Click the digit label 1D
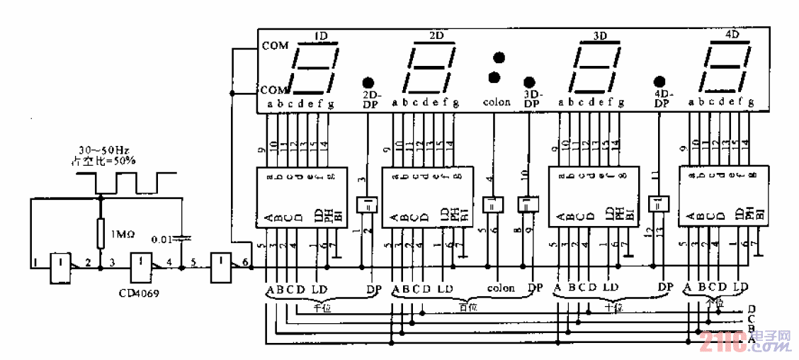click(x=320, y=35)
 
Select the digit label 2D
click(x=436, y=35)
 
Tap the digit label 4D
click(x=733, y=35)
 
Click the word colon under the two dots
click(x=497, y=102)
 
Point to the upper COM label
click(x=275, y=46)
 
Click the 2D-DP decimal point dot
click(x=368, y=81)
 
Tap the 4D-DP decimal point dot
click(x=660, y=81)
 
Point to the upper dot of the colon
click(x=499, y=57)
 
